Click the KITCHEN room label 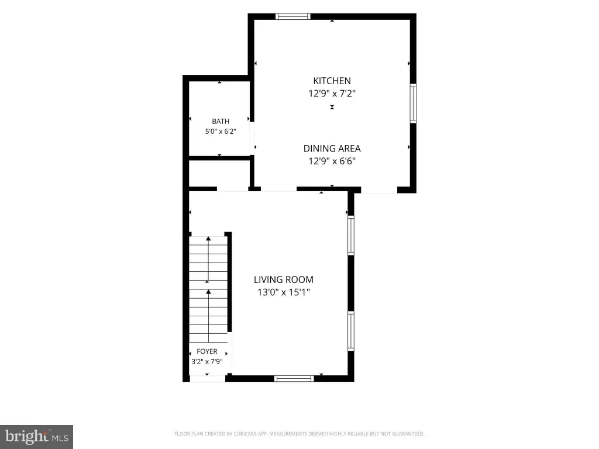pyautogui.click(x=332, y=81)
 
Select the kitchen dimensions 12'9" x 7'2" pyautogui.click(x=332, y=94)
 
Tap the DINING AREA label pyautogui.click(x=332, y=148)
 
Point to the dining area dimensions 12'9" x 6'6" pyautogui.click(x=332, y=161)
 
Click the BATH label pyautogui.click(x=221, y=122)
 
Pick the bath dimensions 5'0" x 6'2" pyautogui.click(x=221, y=132)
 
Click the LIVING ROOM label pyautogui.click(x=284, y=280)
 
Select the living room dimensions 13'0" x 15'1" pyautogui.click(x=284, y=292)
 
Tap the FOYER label pyautogui.click(x=207, y=351)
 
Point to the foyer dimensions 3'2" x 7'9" pyautogui.click(x=207, y=361)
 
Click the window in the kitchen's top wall pyautogui.click(x=293, y=16)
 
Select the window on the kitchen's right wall pyautogui.click(x=413, y=103)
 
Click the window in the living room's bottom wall pyautogui.click(x=294, y=378)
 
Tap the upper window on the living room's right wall pyautogui.click(x=351, y=235)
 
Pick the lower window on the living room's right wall pyautogui.click(x=351, y=331)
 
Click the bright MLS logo pyautogui.click(x=37, y=437)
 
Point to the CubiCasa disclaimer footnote pyautogui.click(x=299, y=434)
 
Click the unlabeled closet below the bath pyautogui.click(x=219, y=174)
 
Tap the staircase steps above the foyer pyautogui.click(x=208, y=289)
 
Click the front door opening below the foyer pyautogui.click(x=208, y=378)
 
